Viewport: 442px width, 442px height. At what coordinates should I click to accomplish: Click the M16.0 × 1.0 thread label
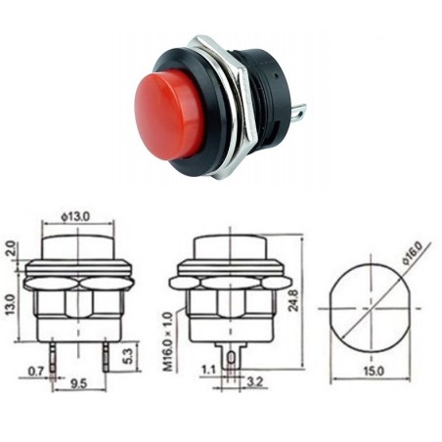[x=168, y=336]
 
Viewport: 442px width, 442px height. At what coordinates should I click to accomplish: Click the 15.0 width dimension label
[x=374, y=371]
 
